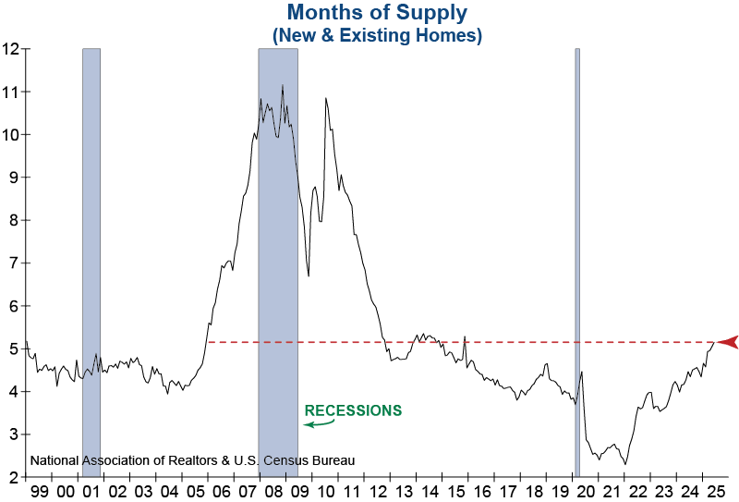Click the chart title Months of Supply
point(377,13)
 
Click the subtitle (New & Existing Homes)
point(377,34)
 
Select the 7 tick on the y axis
point(14,263)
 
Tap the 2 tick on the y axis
point(14,477)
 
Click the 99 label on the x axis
point(41,492)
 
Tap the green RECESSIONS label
point(354,410)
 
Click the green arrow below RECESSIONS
point(319,423)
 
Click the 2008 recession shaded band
point(278,277)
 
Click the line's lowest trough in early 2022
point(626,464)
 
